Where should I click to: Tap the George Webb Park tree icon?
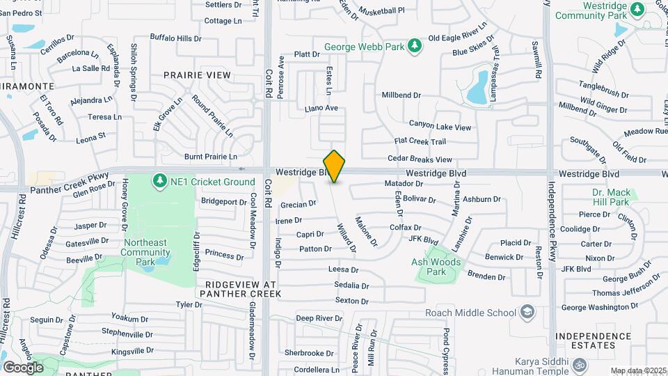coord(415,46)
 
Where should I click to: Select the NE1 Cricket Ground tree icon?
coord(160,181)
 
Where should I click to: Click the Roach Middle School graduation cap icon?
coord(528,311)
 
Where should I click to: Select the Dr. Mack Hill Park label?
coord(610,197)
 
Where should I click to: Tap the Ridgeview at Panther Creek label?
coord(239,290)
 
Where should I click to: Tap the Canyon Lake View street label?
coord(440,127)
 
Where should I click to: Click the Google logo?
coord(23,367)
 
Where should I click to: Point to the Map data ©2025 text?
coord(637,370)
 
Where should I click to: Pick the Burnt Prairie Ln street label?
coord(211,157)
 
